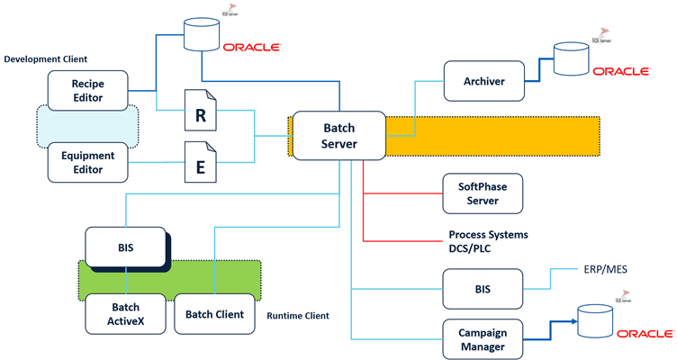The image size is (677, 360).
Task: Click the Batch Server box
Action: pos(338,135)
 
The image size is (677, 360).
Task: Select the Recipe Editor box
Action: pos(87,90)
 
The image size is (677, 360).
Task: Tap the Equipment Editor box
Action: pos(87,160)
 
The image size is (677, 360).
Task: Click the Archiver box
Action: pos(483,81)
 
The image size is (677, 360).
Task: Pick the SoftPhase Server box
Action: pos(483,193)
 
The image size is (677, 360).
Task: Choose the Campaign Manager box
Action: pos(483,340)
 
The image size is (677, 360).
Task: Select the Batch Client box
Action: pos(214,314)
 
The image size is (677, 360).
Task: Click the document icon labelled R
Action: pos(200,114)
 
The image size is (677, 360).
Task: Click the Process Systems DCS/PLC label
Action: pos(488,241)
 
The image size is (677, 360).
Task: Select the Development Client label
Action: pos(46,59)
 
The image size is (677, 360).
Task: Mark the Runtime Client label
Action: pos(299,316)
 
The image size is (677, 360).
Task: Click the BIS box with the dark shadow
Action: pos(125,247)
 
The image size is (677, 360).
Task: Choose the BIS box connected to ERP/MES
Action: pos(483,289)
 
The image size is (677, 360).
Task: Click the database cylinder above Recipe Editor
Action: pos(200,34)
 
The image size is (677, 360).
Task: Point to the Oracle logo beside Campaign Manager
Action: pos(645,334)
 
